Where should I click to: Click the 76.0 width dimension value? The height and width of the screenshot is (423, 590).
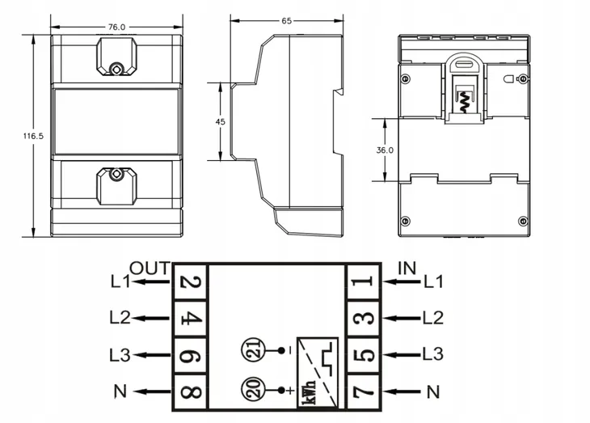(x=116, y=27)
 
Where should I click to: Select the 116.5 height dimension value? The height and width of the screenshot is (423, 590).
(x=33, y=136)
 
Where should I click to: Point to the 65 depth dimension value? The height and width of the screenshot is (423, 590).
(x=287, y=21)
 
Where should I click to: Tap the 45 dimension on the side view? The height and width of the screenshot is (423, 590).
(x=221, y=121)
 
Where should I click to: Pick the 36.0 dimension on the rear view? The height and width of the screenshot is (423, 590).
(x=385, y=150)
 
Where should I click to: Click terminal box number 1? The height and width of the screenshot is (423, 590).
(x=363, y=281)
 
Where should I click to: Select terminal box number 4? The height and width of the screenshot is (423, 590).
(x=191, y=319)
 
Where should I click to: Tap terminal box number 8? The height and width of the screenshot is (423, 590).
(x=191, y=391)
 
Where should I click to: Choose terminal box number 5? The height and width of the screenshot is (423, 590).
(x=363, y=355)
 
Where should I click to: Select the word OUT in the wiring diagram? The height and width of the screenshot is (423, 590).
(x=150, y=269)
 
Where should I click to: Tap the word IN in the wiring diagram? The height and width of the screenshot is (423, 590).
(x=407, y=269)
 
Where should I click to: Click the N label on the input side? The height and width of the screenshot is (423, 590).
(x=433, y=392)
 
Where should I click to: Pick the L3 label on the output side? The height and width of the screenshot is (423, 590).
(x=120, y=355)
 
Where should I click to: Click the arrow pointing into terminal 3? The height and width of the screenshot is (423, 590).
(x=401, y=319)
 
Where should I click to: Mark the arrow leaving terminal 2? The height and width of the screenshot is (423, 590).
(x=150, y=281)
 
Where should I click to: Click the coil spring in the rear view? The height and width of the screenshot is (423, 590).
(x=463, y=102)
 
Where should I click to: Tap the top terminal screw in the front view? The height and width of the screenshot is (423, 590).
(x=116, y=69)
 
